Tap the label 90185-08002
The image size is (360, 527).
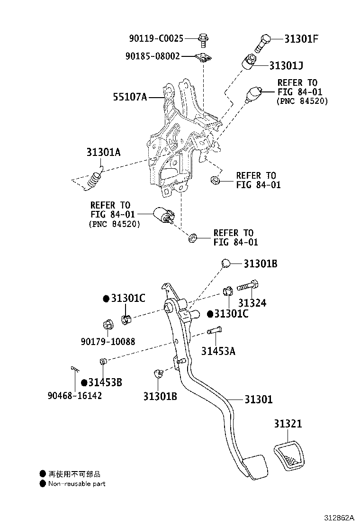[x=153, y=56]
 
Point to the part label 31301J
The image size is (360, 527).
[x=293, y=65]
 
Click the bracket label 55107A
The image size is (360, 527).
[x=129, y=97]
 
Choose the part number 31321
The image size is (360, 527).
[x=287, y=423]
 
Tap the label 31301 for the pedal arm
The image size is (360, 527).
[x=259, y=400]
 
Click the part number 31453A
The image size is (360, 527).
[x=218, y=351]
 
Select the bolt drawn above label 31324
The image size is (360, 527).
[x=247, y=286]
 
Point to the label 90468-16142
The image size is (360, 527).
[x=74, y=395]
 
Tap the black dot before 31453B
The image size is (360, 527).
[x=83, y=382]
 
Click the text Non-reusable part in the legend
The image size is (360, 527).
[x=77, y=484]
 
